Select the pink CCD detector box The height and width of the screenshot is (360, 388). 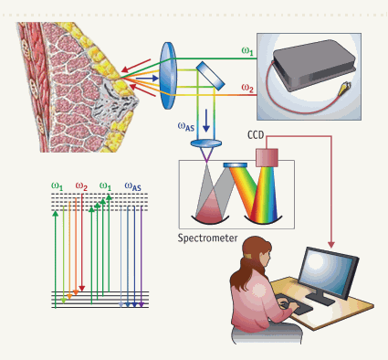[267, 155]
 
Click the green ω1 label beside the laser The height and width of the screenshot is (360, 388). [246, 53]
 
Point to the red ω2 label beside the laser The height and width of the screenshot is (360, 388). [246, 89]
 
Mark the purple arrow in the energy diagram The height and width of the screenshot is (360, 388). [140, 256]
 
